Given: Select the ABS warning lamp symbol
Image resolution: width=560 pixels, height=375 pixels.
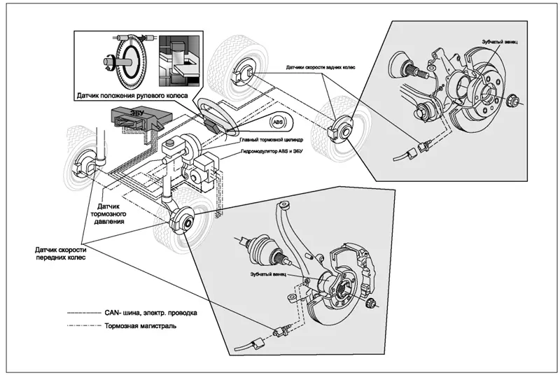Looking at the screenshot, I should coord(279,121).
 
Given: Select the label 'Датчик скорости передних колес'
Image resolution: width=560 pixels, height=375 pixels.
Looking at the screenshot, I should coord(59,253).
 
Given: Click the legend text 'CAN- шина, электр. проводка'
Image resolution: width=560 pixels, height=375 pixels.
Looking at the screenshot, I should coord(150,312).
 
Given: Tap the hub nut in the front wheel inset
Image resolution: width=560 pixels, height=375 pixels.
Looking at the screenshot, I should coord(373,304).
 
